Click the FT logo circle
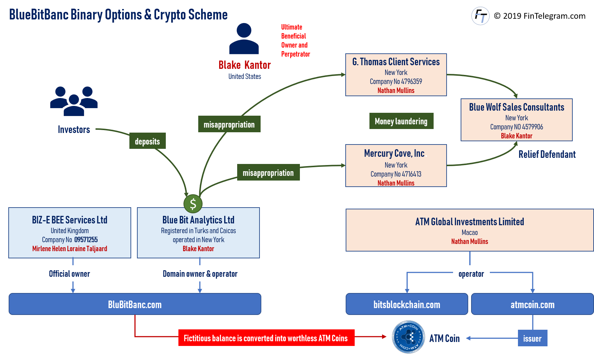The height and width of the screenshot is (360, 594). click(480, 16)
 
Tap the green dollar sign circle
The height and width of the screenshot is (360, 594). click(193, 204)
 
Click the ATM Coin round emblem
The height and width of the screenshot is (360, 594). click(408, 337)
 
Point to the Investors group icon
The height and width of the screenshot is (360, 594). click(74, 101)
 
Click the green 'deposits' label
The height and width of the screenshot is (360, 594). click(147, 141)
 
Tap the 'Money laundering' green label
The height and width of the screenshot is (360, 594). click(401, 121)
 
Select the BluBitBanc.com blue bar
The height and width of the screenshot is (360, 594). click(135, 304)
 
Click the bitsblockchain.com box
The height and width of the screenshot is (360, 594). click(407, 304)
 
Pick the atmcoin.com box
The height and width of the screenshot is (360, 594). click(532, 304)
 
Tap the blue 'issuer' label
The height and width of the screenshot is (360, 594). click(532, 338)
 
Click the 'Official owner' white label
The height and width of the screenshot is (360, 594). click(70, 274)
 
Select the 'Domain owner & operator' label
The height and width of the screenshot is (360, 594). click(200, 274)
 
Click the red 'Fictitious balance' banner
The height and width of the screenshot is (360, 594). click(266, 338)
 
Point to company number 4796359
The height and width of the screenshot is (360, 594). click(411, 81)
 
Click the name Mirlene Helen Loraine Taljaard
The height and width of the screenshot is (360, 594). click(70, 249)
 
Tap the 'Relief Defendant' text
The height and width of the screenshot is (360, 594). click(547, 154)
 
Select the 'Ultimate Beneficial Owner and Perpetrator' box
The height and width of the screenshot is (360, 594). click(296, 40)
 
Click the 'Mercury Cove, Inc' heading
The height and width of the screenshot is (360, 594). click(394, 153)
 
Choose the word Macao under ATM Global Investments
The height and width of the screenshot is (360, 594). click(469, 232)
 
